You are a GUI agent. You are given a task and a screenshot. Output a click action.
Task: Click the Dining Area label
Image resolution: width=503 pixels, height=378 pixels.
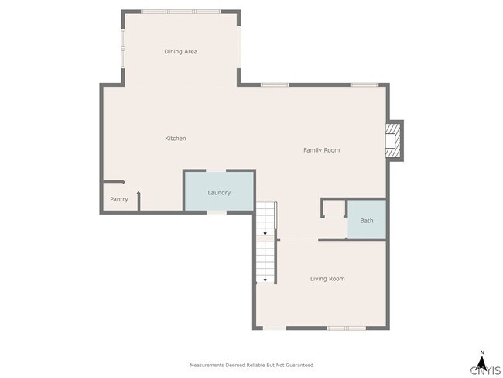(180, 52)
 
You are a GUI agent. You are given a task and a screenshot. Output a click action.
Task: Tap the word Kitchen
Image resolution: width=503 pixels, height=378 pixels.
(176, 139)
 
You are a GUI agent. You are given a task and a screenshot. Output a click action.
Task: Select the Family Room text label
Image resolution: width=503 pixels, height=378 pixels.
(321, 150)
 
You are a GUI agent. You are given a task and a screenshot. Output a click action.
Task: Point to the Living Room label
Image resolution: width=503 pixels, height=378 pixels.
(327, 279)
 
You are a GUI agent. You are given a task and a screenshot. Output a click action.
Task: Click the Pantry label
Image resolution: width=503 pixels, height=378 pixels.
(118, 199)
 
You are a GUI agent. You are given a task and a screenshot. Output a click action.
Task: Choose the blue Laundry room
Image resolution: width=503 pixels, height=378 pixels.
(218, 191)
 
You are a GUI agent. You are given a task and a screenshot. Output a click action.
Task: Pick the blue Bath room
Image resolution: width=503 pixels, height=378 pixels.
(366, 221)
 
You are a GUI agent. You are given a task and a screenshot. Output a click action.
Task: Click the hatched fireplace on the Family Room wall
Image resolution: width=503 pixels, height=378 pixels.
(395, 140)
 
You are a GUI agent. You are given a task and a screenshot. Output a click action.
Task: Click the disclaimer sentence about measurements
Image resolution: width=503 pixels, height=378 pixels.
(251, 365)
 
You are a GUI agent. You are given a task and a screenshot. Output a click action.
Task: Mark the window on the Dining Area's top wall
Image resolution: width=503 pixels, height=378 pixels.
(180, 12)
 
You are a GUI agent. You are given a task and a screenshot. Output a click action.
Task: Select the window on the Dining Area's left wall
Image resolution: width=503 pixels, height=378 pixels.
(122, 50)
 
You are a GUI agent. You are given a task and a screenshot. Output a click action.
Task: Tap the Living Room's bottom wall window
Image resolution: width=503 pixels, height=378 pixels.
(345, 328)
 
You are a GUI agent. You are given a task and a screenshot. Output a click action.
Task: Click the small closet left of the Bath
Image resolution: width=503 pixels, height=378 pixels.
(334, 210)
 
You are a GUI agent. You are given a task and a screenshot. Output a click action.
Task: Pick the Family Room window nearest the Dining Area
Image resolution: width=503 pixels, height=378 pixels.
(274, 84)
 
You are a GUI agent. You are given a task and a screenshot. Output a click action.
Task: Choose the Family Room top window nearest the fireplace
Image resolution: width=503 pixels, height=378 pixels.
(363, 84)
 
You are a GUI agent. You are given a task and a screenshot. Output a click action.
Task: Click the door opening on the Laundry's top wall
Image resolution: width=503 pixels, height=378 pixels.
(217, 171)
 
